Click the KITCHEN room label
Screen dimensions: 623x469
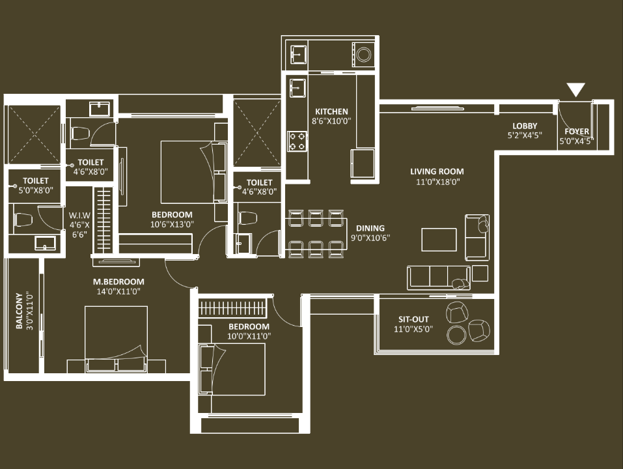[331, 111]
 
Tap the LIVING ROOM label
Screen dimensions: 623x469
[437, 172]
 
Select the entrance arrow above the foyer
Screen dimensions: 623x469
[575, 90]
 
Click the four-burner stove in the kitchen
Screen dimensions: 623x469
[297, 141]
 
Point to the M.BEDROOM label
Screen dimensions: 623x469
[118, 282]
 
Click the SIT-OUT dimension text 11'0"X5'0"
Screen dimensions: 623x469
[413, 329]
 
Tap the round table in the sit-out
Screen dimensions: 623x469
[456, 335]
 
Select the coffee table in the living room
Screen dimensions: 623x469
[439, 240]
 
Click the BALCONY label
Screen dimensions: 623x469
[19, 311]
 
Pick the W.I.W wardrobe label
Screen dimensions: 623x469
[79, 216]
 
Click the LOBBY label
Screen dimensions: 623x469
[525, 126]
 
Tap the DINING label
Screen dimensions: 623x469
[370, 228]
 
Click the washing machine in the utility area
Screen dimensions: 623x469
[363, 55]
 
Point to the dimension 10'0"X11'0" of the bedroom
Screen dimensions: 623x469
[249, 336]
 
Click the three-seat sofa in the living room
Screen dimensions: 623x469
[439, 277]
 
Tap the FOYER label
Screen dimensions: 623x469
[577, 131]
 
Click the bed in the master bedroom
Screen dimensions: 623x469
[116, 339]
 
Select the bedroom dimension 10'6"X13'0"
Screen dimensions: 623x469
[172, 224]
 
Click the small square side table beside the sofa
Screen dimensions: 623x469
[480, 273]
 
